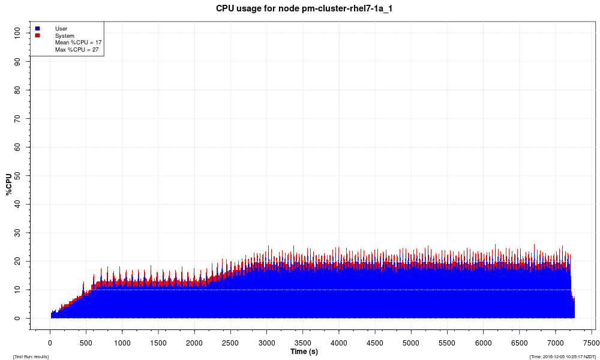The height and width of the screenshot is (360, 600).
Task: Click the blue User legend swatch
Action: [37, 28]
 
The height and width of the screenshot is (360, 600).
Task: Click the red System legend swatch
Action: [37, 35]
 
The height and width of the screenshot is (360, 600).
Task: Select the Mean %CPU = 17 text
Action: [78, 43]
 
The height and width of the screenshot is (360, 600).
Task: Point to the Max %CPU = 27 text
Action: [77, 50]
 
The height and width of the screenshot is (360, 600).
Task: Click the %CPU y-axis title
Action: [8, 184]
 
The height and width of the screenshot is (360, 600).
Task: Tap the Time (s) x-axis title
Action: [304, 352]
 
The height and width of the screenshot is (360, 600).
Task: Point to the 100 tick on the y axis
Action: [22, 33]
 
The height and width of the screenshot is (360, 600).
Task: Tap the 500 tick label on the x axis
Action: [86, 343]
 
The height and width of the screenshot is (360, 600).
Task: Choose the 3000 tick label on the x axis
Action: [266, 343]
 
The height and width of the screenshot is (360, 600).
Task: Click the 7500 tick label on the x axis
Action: [592, 343]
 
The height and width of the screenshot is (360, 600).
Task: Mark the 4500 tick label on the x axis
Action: [375, 343]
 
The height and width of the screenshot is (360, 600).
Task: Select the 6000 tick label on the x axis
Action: [483, 343]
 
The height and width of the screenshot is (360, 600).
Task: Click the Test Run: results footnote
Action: [31, 357]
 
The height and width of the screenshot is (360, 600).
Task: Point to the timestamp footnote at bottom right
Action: [562, 357]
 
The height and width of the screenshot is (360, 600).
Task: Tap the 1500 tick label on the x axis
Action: [158, 343]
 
